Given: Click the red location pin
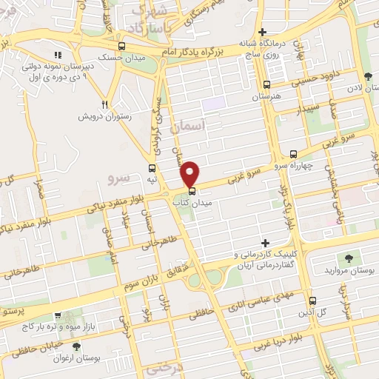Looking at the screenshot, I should point(191,172).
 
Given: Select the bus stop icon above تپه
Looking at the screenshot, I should point(152,169).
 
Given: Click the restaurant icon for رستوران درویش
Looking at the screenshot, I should point(104,104).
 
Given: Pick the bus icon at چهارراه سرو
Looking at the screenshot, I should point(294,155).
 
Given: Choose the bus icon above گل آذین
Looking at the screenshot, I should point(312,301).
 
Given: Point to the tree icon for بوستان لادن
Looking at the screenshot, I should point(369,76).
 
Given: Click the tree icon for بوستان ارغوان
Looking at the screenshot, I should point(76,346).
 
